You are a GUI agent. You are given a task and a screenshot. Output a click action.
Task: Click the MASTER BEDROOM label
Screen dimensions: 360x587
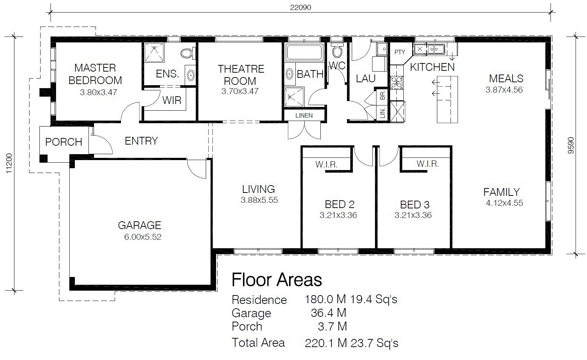(x=95, y=74)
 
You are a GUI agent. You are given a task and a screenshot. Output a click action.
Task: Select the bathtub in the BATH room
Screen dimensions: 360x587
(x=305, y=53)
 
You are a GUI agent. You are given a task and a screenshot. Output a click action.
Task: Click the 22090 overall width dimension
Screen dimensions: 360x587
(x=301, y=7)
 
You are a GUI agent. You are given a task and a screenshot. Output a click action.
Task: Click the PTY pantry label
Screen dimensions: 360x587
(x=400, y=52)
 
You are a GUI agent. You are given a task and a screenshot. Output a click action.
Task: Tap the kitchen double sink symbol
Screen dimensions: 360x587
(x=435, y=49)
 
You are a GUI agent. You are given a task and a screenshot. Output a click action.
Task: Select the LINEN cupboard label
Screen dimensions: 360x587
(x=304, y=115)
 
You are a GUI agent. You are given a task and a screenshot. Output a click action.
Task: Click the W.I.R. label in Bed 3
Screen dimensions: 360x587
(x=427, y=164)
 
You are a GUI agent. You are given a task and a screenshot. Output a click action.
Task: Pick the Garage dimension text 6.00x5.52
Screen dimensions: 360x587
(x=143, y=237)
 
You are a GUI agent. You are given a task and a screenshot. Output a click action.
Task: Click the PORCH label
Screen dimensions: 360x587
(x=63, y=142)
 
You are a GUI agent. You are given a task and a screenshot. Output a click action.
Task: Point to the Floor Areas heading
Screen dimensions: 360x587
(x=277, y=280)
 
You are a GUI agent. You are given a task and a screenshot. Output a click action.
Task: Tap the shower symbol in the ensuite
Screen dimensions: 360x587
(x=154, y=53)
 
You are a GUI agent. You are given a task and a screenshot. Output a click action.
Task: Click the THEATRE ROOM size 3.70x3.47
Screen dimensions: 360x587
(x=240, y=91)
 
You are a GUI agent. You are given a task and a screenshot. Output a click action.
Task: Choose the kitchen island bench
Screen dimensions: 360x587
(x=447, y=99)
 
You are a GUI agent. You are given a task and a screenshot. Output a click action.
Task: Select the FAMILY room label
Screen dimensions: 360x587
(x=501, y=192)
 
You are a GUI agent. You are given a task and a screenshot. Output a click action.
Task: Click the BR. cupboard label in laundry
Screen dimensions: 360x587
(x=382, y=95)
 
